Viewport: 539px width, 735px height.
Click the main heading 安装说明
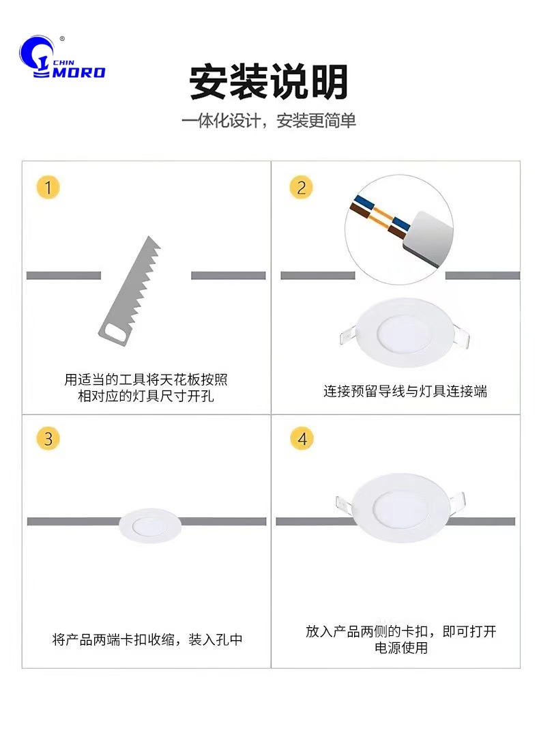pyautogui.click(x=269, y=82)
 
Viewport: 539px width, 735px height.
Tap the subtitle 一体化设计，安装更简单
pyautogui.click(x=269, y=121)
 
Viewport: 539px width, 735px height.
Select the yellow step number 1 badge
pyautogui.click(x=48, y=187)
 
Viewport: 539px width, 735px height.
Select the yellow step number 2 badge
pyautogui.click(x=302, y=188)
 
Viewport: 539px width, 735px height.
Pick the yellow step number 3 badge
pyautogui.click(x=48, y=439)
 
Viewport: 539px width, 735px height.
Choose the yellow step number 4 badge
pyautogui.click(x=302, y=439)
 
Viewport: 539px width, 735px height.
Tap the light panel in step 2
pyautogui.click(x=404, y=332)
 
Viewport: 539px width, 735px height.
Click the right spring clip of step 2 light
pyautogui.click(x=461, y=336)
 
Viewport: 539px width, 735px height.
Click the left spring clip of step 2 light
pyautogui.click(x=347, y=336)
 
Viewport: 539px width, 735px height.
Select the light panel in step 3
pyautogui.click(x=150, y=525)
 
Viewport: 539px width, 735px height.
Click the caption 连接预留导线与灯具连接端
pyautogui.click(x=405, y=391)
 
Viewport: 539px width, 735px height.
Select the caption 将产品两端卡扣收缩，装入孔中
pyautogui.click(x=147, y=639)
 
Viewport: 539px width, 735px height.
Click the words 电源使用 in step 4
pyautogui.click(x=401, y=648)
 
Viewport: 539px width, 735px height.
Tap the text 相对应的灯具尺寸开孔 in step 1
pyautogui.click(x=146, y=396)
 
